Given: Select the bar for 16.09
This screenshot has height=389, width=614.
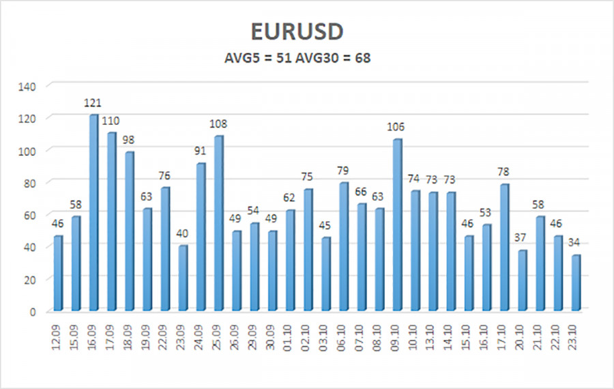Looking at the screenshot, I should pos(93,212).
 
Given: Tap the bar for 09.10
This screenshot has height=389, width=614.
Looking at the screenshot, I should pos(397,225).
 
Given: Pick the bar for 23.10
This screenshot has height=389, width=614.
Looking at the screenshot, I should pos(575,283).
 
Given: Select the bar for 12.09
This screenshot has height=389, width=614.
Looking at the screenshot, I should pos(58,273).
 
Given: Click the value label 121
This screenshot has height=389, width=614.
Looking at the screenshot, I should pos(93,103).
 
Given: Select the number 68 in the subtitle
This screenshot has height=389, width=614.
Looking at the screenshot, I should pos(362,59).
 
